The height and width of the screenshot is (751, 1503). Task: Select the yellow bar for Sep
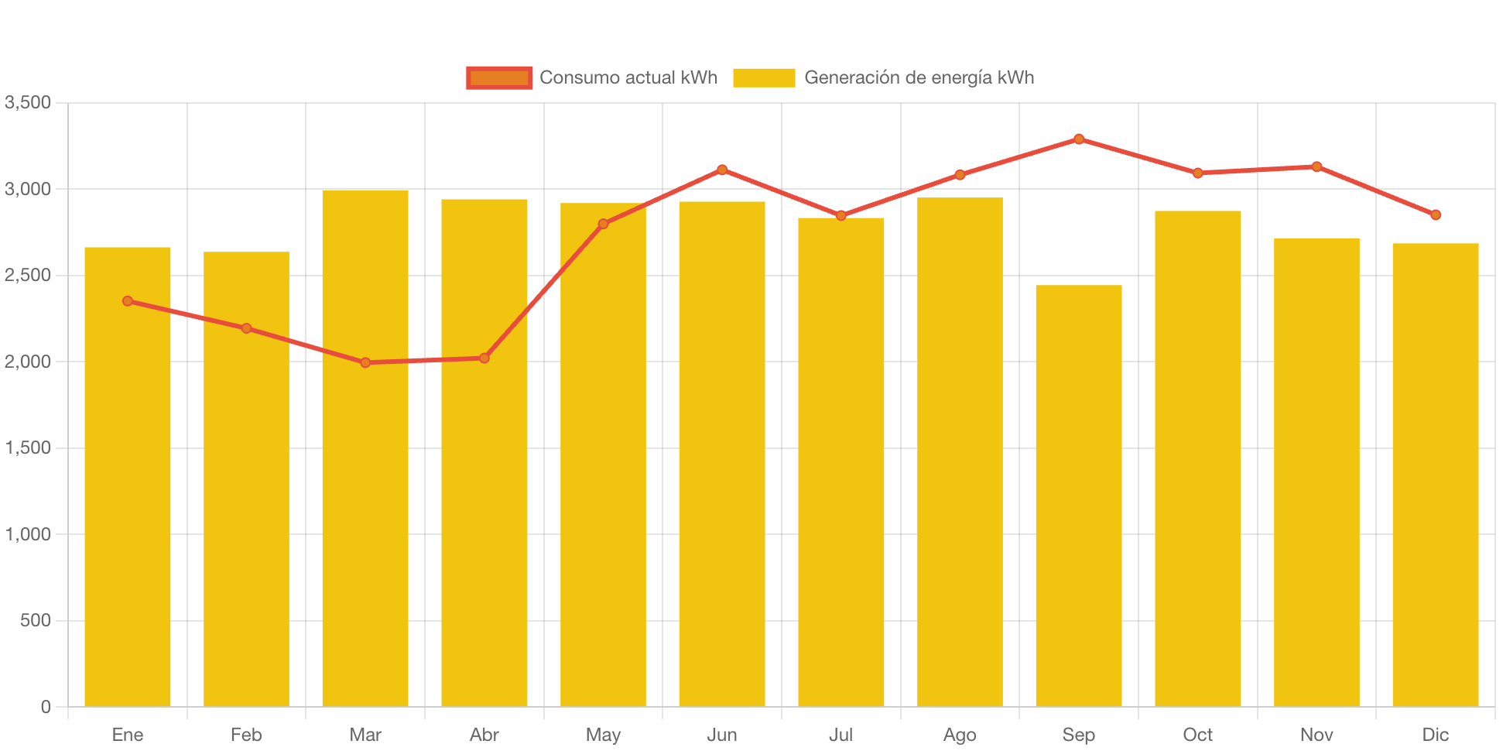tap(1078, 496)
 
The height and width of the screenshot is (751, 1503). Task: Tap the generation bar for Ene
tap(128, 476)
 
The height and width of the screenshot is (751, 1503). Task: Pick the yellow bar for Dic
tap(1435, 475)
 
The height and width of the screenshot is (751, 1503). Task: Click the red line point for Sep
tap(1078, 139)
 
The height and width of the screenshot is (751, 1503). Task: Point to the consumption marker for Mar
tap(365, 362)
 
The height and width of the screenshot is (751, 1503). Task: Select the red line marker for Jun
tap(722, 170)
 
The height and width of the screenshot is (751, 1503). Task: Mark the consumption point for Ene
tap(128, 301)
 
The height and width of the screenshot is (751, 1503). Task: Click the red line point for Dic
tap(1435, 215)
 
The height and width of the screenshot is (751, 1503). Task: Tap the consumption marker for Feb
tap(246, 328)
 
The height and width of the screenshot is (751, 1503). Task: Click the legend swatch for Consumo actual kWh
tap(499, 78)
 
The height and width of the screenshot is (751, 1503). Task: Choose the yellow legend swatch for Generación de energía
tap(764, 78)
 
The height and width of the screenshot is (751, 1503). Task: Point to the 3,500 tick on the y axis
tap(28, 103)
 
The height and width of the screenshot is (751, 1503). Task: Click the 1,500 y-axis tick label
tap(28, 448)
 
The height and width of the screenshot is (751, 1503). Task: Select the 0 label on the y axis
tap(46, 707)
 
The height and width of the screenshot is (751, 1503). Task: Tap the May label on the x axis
tap(603, 735)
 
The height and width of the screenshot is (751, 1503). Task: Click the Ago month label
tap(960, 735)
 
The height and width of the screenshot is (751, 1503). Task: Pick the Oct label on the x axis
tap(1197, 735)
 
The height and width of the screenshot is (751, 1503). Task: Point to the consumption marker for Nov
tap(1316, 166)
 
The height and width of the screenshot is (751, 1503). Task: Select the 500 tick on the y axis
tap(36, 621)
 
